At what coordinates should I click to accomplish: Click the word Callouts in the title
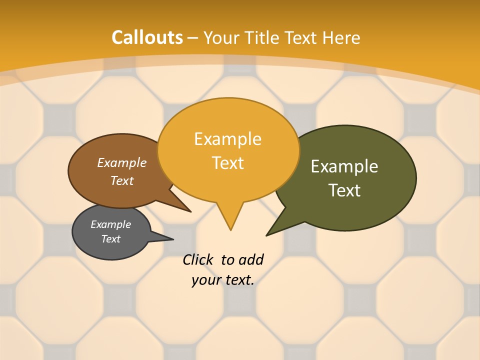pos(147,37)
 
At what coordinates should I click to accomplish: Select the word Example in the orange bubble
pos(227,139)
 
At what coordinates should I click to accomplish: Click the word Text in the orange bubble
pos(228,163)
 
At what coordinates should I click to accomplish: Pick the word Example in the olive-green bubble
pos(344,166)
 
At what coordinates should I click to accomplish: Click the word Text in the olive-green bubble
pos(344,190)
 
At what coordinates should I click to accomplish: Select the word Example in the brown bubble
pos(122,162)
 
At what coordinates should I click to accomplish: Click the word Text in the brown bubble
pos(122,180)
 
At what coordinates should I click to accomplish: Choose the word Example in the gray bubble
pos(111,224)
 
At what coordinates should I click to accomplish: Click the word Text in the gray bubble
pos(111,239)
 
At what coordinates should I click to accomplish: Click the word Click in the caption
pos(197,259)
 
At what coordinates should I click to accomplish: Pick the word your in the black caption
pos(206,280)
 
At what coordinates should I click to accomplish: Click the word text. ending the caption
pos(238,280)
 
